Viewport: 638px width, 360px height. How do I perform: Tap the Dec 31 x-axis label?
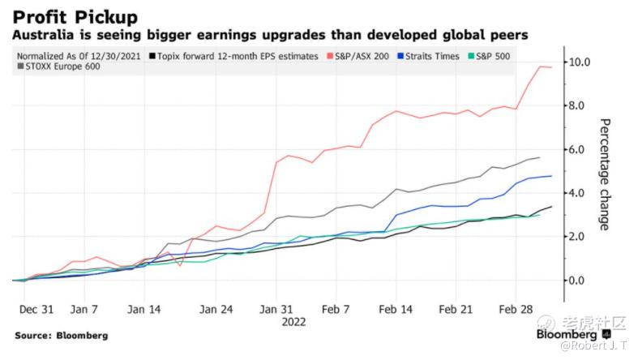click(37, 310)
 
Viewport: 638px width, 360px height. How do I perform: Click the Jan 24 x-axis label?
click(216, 310)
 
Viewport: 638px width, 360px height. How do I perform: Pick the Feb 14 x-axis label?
click(396, 310)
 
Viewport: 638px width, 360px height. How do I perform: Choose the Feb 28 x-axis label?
click(515, 310)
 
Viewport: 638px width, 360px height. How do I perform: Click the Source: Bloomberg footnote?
click(61, 335)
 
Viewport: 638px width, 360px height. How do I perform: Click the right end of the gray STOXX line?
click(539, 157)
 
